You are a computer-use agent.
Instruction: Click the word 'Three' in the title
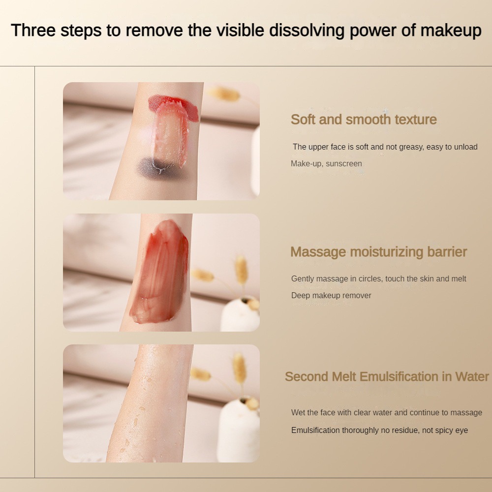tap(33, 31)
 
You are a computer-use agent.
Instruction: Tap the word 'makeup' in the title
tap(451, 31)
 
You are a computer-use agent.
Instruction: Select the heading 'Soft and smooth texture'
tap(364, 120)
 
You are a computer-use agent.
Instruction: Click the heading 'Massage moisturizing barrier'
tap(379, 252)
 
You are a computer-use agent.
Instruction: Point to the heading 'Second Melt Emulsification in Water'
tap(387, 376)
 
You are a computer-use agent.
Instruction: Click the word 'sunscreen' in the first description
tap(344, 164)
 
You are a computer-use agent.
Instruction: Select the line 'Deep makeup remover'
tap(331, 296)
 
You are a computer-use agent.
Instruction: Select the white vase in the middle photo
tap(240, 314)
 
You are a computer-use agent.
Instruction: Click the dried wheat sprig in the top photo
tap(224, 93)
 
